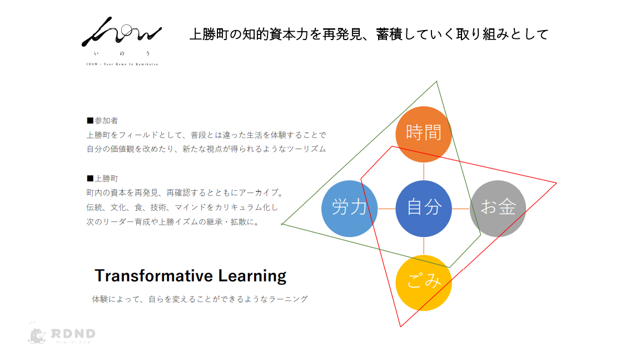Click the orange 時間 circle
click(x=424, y=134)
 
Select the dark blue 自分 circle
click(x=424, y=209)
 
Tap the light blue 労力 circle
click(x=349, y=209)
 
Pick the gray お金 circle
click(x=498, y=209)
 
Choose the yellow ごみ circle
click(x=424, y=283)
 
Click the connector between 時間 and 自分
click(x=424, y=171)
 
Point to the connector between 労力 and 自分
click(x=386, y=209)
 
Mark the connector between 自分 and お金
click(x=461, y=209)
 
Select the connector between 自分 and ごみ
click(x=424, y=245)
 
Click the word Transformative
click(x=153, y=276)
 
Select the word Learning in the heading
click(x=252, y=277)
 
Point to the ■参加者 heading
click(x=102, y=121)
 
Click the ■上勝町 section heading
click(x=102, y=179)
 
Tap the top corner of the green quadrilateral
click(x=436, y=81)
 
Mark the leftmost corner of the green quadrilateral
click(x=281, y=224)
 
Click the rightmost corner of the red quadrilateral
click(x=557, y=183)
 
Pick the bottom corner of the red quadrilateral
click(x=400, y=327)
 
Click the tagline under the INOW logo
click(x=122, y=64)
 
